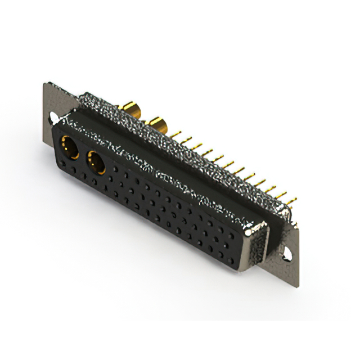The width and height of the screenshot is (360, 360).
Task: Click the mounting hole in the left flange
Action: tap(54, 118)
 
